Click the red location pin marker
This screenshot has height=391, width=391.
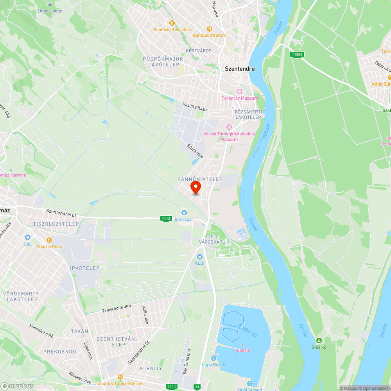(195, 188)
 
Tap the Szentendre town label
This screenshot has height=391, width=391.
(240, 69)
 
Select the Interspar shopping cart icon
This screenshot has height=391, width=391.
(184, 213)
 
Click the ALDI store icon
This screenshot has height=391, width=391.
(200, 257)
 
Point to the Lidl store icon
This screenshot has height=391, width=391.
(28, 237)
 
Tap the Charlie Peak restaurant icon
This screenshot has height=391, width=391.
(49, 240)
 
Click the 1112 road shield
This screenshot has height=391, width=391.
(166, 219)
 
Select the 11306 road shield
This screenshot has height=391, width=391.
(298, 55)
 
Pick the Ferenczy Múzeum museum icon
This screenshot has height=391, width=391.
(240, 91)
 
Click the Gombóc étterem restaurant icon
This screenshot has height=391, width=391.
(210, 29)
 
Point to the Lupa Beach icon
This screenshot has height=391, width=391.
(213, 359)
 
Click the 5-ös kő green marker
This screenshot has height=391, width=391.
(319, 341)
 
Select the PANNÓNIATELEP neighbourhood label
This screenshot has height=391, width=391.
(200, 179)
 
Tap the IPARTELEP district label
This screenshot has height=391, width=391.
(85, 268)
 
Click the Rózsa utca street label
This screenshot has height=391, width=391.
(195, 151)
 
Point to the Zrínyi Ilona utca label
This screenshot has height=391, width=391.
(117, 308)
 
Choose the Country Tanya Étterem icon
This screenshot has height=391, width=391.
(120, 377)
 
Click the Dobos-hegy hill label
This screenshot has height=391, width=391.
(50, 11)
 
